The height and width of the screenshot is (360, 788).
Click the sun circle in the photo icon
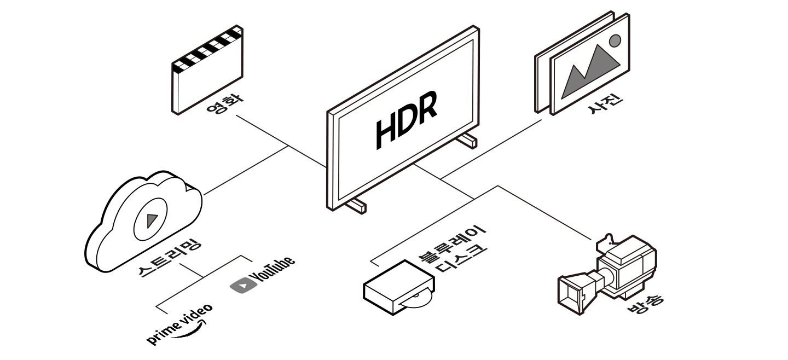click(615, 40)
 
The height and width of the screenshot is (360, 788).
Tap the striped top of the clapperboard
click(207, 50)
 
